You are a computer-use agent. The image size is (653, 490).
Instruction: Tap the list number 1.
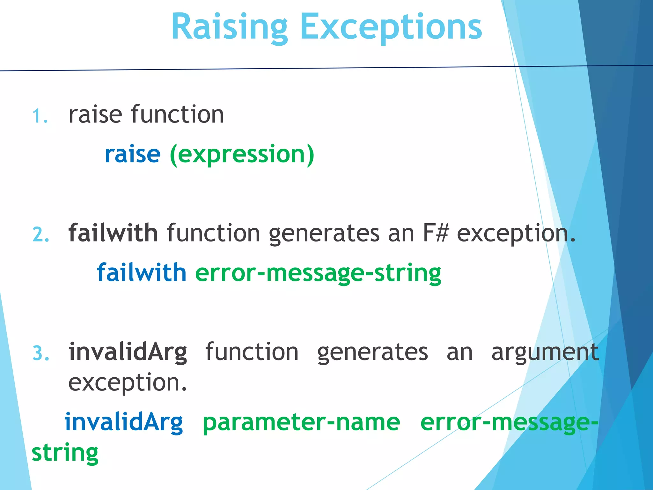point(40,116)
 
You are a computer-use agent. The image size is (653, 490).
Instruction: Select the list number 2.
point(40,235)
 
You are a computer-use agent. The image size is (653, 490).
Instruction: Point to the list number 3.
point(40,354)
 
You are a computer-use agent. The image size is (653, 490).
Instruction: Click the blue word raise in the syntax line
point(132,154)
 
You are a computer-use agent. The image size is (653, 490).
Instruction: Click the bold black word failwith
point(113,233)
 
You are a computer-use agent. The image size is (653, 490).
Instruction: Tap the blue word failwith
point(142,273)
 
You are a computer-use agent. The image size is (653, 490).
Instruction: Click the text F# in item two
point(435,233)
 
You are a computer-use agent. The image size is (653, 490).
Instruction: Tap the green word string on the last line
point(65,453)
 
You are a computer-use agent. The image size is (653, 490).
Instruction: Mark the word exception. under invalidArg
point(128,383)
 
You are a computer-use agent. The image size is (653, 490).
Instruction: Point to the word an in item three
point(459,353)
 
